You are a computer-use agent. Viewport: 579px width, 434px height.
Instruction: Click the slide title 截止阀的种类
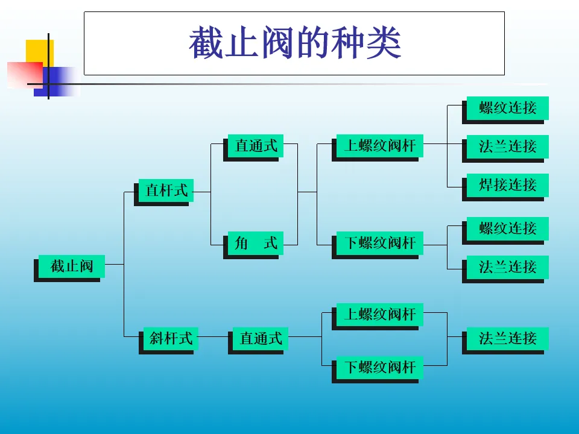pos(294,43)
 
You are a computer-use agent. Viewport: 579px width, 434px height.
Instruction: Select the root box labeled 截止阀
pos(71,266)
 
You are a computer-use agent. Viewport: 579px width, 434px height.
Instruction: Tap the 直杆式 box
pos(166,191)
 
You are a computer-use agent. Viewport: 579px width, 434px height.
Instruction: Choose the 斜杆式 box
pos(171,338)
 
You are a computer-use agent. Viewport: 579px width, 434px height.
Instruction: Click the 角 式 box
pos(256,243)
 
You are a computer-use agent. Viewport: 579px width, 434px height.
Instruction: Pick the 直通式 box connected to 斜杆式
pos(261,338)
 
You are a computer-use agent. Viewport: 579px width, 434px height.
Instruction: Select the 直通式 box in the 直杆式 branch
pos(256,145)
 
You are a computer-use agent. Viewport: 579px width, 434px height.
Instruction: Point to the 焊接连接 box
pos(507,184)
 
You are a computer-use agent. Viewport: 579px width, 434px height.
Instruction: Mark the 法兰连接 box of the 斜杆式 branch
pos(507,338)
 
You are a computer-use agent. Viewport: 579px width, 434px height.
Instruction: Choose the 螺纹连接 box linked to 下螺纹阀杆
pos(507,228)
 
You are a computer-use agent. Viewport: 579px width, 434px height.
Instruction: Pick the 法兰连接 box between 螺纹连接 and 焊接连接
pos(507,146)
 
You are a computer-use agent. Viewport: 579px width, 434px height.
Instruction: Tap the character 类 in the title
pos(383,43)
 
